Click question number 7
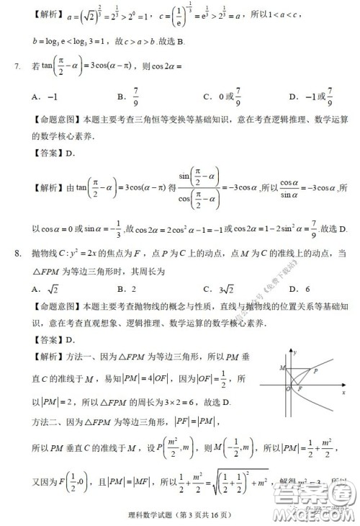[17, 67]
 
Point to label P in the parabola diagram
[315, 370]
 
